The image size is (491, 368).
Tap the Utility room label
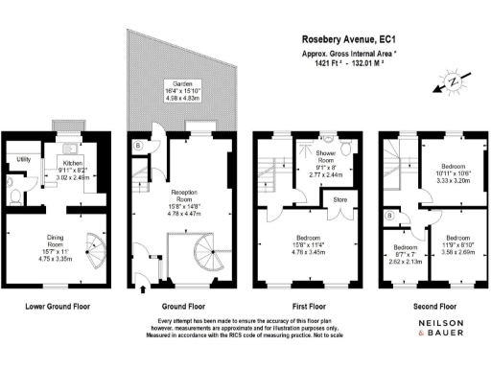(26, 158)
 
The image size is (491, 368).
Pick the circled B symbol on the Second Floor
(388, 217)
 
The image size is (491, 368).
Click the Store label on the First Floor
(339, 200)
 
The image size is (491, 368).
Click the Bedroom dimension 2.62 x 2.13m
(406, 260)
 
